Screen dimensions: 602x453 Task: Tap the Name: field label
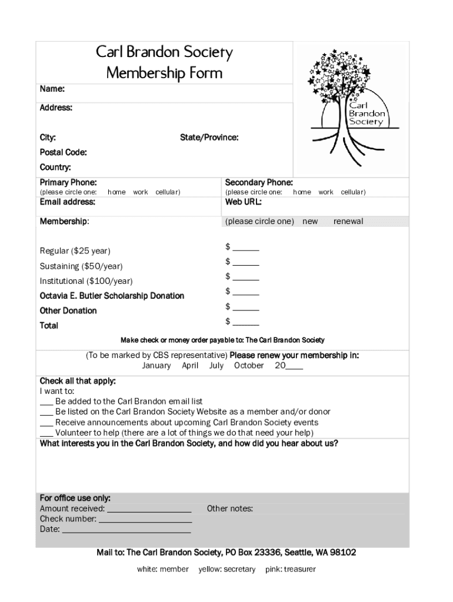coord(52,89)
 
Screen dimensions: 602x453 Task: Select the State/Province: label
coord(209,138)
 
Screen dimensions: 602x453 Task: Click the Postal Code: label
coord(63,153)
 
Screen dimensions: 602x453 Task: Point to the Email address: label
coord(67,202)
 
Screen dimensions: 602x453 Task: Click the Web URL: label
coord(243,202)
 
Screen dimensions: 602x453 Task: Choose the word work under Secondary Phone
coord(326,192)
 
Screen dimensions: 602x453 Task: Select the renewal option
coord(348,222)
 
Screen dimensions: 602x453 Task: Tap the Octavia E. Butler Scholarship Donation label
coord(112,296)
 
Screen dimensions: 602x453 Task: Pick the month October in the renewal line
coord(249,366)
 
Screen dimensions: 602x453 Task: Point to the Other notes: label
coord(230,509)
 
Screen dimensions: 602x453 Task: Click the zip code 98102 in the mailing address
coord(343,553)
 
